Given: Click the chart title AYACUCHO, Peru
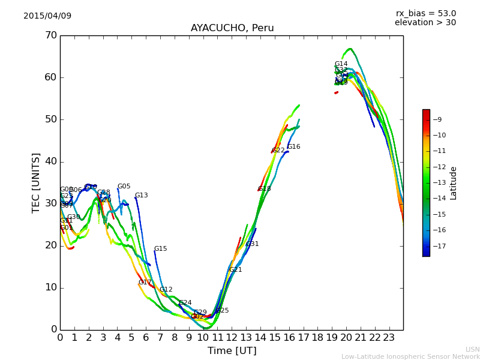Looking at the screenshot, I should click(x=232, y=28).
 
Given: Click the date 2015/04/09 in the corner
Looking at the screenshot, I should click(x=47, y=16).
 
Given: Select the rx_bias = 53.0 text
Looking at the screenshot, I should click(x=425, y=14).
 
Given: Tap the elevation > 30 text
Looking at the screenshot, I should click(x=425, y=23).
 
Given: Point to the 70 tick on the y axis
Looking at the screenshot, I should click(x=50, y=35).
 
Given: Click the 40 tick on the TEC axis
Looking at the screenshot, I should click(x=50, y=161).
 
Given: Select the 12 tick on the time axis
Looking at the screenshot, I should click(x=232, y=337).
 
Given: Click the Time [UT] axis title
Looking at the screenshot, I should click(x=232, y=351).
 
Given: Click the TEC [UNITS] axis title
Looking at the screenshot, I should click(x=36, y=182).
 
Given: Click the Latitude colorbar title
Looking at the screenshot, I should click(x=454, y=183).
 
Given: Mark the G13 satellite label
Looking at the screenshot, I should click(x=141, y=196).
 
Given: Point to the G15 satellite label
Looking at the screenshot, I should click(x=160, y=249).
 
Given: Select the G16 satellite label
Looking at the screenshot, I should click(x=293, y=147).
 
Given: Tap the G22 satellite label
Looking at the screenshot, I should click(x=278, y=151).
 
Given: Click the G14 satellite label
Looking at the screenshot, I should click(x=341, y=64).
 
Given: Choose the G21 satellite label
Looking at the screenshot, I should click(x=235, y=270).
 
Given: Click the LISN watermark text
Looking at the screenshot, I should click(x=472, y=349).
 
